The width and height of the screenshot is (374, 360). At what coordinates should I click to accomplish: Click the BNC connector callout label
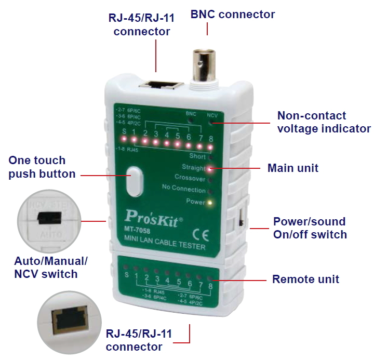tap(233, 14)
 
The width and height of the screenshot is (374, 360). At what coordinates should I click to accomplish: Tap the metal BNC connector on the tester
tap(206, 66)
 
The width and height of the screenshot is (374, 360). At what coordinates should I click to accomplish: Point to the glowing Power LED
tap(210, 202)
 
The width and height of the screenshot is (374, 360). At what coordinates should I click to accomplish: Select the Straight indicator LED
tap(209, 168)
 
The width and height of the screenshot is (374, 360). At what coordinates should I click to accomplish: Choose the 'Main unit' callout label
tap(292, 168)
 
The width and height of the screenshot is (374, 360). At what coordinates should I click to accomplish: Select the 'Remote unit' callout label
tap(305, 279)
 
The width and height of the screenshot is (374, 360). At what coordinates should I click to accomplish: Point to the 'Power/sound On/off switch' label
tap(310, 228)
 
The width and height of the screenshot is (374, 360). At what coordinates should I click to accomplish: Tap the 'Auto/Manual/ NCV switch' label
tap(50, 267)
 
